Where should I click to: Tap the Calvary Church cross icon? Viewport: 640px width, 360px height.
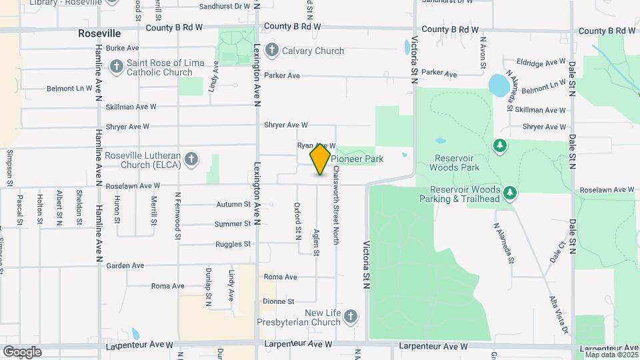point(271,51)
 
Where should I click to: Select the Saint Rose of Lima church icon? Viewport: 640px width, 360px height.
point(117,67)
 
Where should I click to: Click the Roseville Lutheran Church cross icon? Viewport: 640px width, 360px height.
point(191,159)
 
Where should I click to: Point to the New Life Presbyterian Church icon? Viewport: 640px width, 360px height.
point(352,316)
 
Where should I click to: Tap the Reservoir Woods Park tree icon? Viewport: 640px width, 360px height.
point(499,145)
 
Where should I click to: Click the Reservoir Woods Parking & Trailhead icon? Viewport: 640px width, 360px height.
point(510,193)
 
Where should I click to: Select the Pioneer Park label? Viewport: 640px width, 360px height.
point(357,159)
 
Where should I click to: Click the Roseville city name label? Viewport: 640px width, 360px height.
point(99,33)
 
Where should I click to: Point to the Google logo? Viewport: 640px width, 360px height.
point(22,351)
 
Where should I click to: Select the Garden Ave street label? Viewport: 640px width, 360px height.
point(125,265)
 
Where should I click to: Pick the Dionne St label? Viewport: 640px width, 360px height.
point(278,301)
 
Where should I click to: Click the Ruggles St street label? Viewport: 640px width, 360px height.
point(233,245)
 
